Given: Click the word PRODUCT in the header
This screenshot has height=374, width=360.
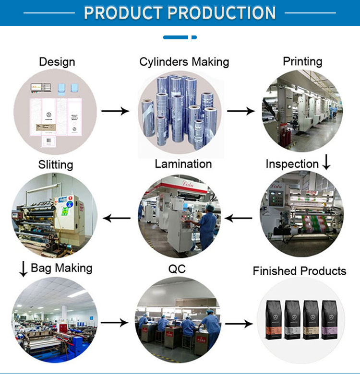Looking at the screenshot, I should tap(123, 13).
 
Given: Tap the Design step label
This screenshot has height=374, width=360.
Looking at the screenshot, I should tap(57, 62).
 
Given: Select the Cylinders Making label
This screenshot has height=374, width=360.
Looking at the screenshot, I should tap(184, 62).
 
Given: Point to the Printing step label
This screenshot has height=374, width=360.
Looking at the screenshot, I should tap(302, 61).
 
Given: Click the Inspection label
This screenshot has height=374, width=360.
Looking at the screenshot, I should tap(292, 164).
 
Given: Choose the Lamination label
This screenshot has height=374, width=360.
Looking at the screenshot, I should tap(183, 164).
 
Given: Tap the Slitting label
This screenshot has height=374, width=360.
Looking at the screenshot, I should tap(56, 164).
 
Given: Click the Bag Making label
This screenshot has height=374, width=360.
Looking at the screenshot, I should tap(61, 268).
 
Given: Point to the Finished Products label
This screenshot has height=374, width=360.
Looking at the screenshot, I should tap(300, 271).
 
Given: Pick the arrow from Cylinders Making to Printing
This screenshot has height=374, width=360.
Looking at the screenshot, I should tap(241, 111).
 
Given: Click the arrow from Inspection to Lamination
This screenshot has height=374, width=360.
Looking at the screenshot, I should tap(239, 219).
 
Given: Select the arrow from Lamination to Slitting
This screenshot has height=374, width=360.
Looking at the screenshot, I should tap(118, 219).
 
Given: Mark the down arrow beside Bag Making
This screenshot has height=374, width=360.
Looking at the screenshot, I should tap(23, 269).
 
